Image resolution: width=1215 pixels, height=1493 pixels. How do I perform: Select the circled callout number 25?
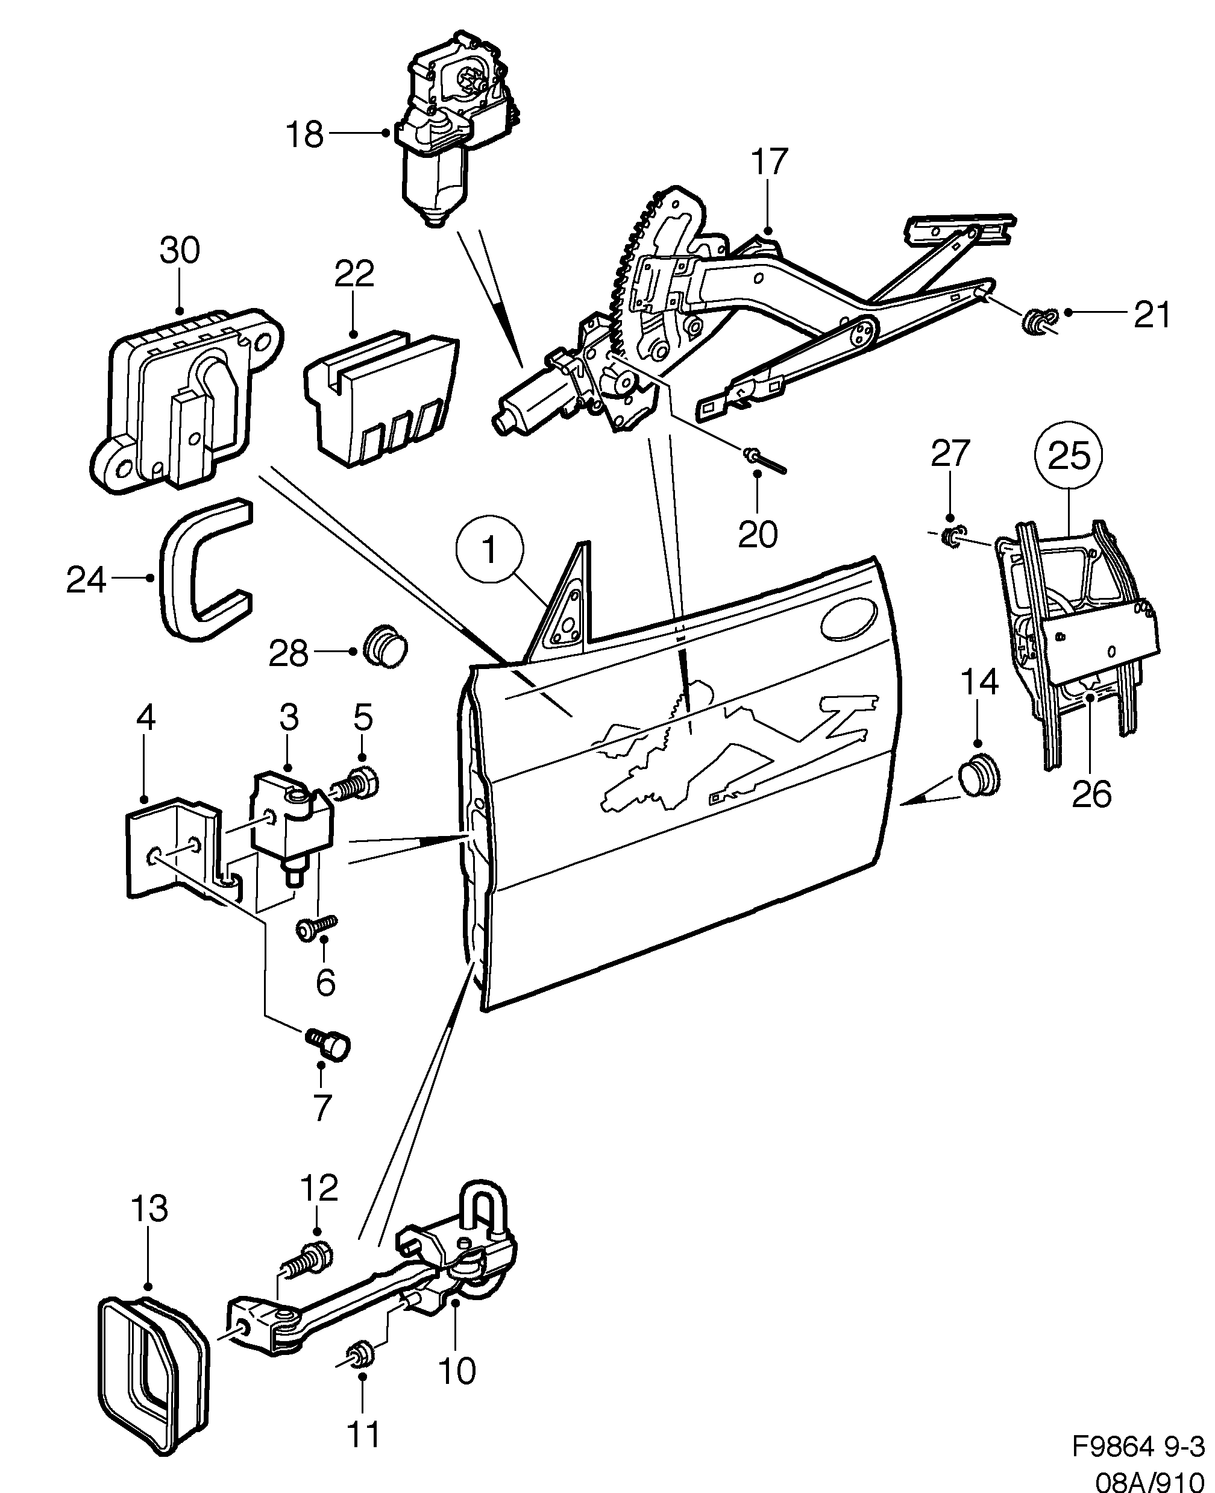click(x=1069, y=456)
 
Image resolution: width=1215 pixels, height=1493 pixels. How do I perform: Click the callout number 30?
click(x=179, y=251)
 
